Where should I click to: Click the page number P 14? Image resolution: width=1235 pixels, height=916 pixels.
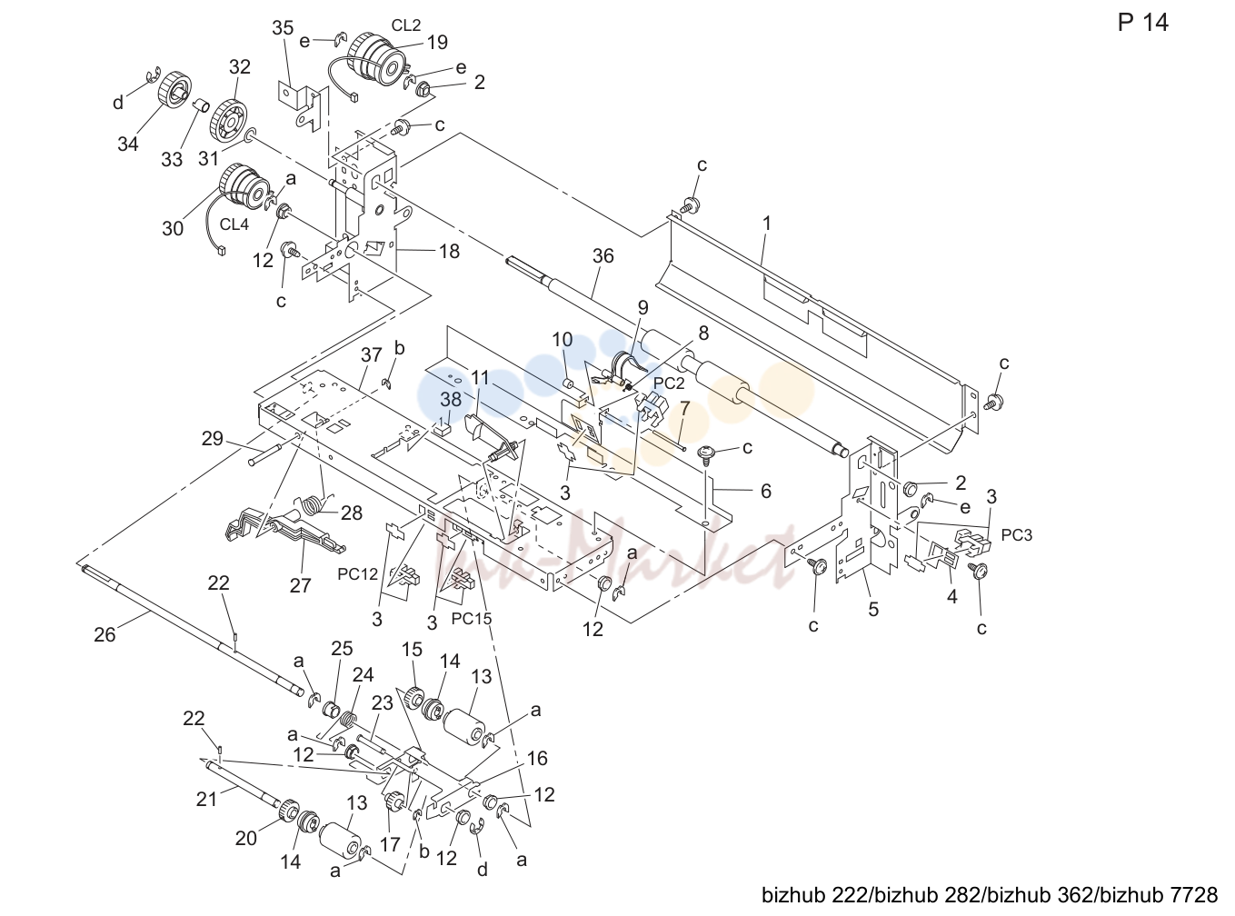tap(1142, 23)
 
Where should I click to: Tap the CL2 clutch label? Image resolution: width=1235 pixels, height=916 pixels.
tap(406, 25)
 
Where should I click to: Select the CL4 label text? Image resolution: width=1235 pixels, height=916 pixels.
tap(234, 224)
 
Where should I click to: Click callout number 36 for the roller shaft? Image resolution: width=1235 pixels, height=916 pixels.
tap(603, 255)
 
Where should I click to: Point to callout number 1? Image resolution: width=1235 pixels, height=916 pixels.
tap(767, 224)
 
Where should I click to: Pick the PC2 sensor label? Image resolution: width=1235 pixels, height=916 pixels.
tap(669, 383)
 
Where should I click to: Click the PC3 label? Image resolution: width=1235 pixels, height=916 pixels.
tap(1017, 535)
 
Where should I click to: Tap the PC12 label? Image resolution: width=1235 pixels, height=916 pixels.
tap(357, 573)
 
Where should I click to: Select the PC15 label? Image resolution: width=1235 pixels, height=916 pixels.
tap(472, 619)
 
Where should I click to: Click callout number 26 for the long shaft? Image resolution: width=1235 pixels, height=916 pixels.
tap(105, 634)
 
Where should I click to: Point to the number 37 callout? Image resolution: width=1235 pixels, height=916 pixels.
tap(372, 354)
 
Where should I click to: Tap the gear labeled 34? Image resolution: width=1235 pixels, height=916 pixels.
tap(174, 88)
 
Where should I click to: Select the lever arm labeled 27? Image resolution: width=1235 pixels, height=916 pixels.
tap(284, 529)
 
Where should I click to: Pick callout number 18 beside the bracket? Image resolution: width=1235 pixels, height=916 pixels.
tap(449, 251)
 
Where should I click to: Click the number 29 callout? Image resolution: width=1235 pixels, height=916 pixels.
tap(212, 439)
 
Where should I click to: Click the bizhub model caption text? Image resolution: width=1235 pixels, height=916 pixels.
tap(990, 895)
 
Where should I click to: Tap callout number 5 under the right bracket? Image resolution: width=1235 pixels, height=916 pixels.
tap(873, 609)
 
